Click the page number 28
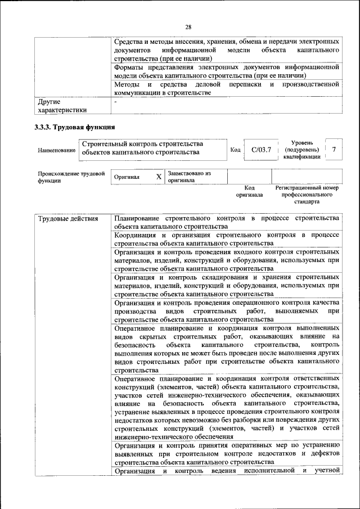(x=188, y=27)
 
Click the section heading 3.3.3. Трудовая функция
(x=75, y=127)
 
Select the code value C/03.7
(x=262, y=150)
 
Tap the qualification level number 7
(x=334, y=150)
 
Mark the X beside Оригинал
(x=159, y=177)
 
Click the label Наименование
(x=57, y=151)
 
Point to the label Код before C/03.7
(x=236, y=150)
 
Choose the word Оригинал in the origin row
(x=127, y=177)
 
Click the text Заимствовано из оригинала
(x=189, y=177)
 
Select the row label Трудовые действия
(x=68, y=218)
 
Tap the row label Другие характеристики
(x=62, y=106)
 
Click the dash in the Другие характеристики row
(x=115, y=102)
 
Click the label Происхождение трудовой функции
(x=71, y=177)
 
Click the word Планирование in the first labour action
(x=136, y=218)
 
